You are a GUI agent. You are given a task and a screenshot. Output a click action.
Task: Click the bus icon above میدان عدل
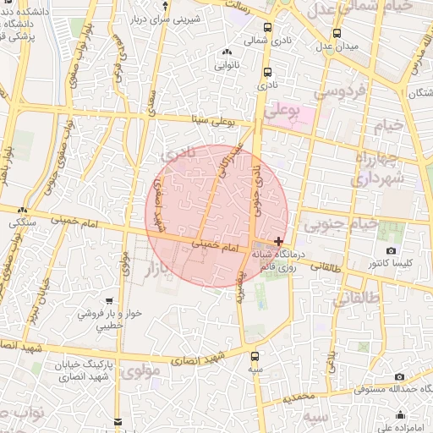(x=337, y=33)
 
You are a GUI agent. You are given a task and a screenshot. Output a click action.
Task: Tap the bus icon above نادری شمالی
(x=269, y=26)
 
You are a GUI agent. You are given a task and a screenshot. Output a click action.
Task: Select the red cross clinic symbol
(x=280, y=241)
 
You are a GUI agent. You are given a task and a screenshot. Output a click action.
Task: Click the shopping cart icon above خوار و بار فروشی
(x=110, y=301)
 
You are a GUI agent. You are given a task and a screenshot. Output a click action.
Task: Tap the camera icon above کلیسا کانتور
(x=391, y=251)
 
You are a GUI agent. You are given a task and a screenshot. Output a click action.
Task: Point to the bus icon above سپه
(x=255, y=355)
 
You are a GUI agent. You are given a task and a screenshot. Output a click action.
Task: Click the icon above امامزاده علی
(x=400, y=414)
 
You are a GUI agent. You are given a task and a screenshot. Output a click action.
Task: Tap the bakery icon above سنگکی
(x=23, y=211)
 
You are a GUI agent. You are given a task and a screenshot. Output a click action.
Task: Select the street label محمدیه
(x=299, y=397)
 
